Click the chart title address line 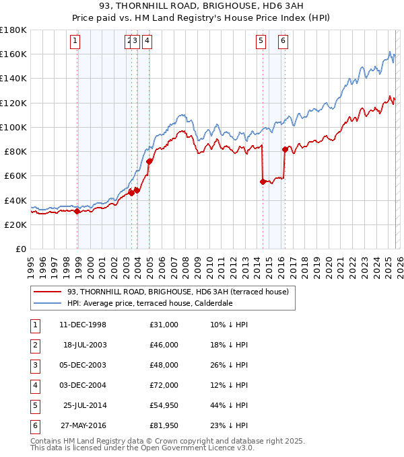(x=202, y=5)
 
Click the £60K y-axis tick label (x=15, y=176)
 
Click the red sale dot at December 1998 (x=77, y=211)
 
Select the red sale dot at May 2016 (x=285, y=149)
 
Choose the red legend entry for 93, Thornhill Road (x=178, y=292)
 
